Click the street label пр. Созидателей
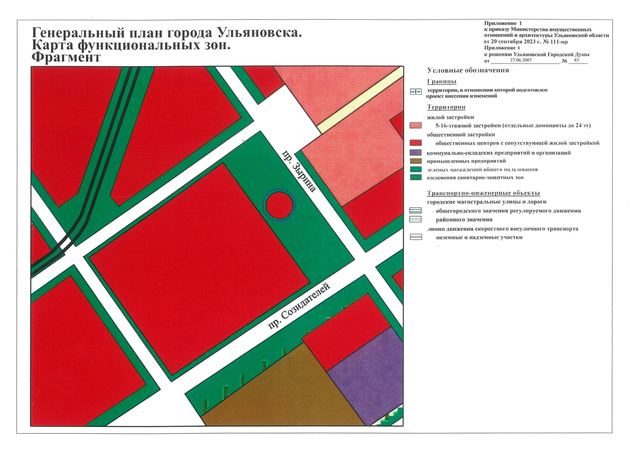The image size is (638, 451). click(x=299, y=306)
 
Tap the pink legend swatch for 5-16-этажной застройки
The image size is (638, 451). click(x=415, y=126)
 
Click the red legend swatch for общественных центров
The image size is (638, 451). click(x=415, y=143)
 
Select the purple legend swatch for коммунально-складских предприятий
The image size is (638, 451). click(x=415, y=153)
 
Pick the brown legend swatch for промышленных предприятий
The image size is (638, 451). click(x=415, y=161)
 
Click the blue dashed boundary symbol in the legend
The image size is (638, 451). click(x=416, y=92)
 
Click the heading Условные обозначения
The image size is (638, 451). click(x=468, y=70)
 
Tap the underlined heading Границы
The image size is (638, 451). click(x=441, y=82)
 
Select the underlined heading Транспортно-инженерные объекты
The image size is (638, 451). click(x=483, y=193)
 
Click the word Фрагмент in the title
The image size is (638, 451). click(x=67, y=58)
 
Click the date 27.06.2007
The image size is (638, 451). click(x=521, y=60)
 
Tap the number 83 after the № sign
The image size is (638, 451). click(x=577, y=60)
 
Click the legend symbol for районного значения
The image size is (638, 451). click(x=415, y=219)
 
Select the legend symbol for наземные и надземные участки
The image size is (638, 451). click(x=416, y=237)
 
